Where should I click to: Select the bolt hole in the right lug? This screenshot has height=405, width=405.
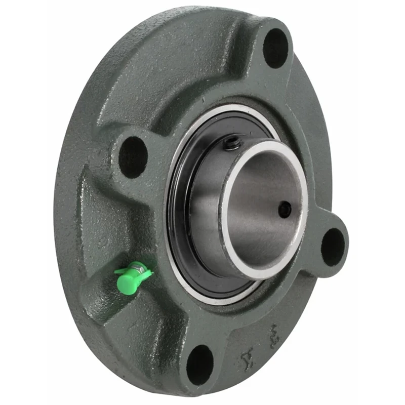[x=333, y=247]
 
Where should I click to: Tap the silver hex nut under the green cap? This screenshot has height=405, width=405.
[x=136, y=266]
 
